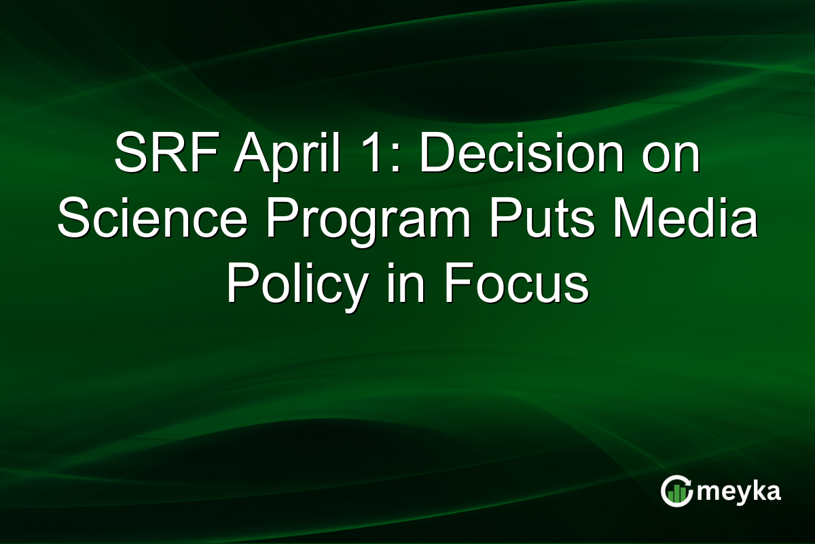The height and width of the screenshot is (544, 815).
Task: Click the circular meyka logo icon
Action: pos(676,491)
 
